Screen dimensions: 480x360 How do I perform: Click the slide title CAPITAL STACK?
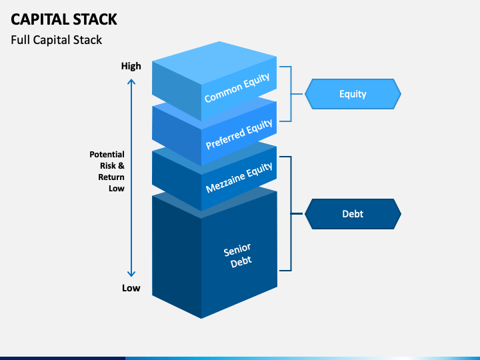tap(64, 19)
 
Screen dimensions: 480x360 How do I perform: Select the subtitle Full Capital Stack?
tap(56, 40)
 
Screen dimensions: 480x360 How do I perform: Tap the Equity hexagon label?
tap(353, 94)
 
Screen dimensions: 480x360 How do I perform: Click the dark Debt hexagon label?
tap(353, 214)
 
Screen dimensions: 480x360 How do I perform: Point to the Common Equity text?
tap(237, 88)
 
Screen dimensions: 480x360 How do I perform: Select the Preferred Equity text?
tap(239, 135)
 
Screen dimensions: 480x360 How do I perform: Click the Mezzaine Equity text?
tap(239, 177)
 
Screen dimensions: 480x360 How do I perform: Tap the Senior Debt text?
tap(237, 256)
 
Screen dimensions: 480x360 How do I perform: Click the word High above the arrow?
tap(131, 66)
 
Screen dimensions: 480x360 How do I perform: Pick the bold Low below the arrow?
tap(131, 288)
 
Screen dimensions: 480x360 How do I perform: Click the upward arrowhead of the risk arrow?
tap(131, 81)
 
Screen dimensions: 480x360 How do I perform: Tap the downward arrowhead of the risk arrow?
tap(131, 274)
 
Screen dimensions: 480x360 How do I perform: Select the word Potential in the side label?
tap(107, 154)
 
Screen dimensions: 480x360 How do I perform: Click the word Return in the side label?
tap(111, 177)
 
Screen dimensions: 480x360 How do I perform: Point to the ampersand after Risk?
tap(121, 165)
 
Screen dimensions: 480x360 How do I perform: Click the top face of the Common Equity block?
tap(214, 63)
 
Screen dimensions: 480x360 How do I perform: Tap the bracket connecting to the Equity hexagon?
tap(291, 94)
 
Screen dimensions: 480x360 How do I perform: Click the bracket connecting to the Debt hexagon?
tap(291, 214)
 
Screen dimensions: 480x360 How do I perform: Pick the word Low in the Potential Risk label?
tap(117, 189)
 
